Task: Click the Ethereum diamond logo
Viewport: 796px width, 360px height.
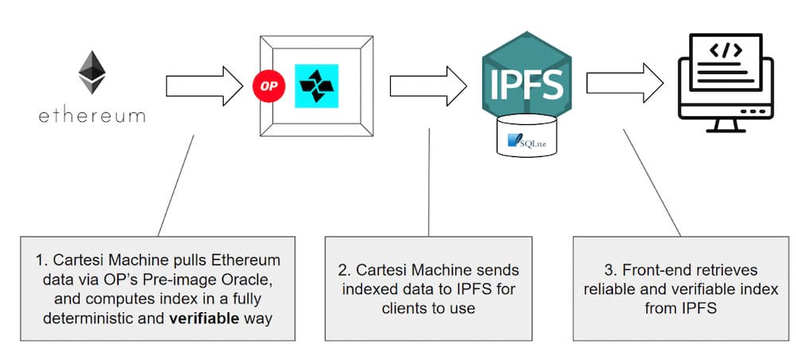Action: point(92,72)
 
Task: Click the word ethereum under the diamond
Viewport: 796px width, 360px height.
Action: point(92,115)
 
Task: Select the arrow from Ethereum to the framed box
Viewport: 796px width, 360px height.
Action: point(204,86)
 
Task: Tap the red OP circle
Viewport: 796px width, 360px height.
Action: point(269,86)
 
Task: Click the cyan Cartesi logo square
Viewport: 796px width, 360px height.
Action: point(317,86)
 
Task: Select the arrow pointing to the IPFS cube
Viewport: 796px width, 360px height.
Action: point(428,86)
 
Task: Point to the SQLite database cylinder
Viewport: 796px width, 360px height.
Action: point(526,135)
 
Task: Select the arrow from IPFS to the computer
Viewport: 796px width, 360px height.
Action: point(625,83)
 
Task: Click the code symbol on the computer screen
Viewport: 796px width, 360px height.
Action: point(726,49)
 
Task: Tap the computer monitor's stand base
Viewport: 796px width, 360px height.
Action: point(726,131)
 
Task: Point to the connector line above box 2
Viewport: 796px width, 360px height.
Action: point(429,182)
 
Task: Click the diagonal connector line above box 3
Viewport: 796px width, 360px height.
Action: point(652,182)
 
